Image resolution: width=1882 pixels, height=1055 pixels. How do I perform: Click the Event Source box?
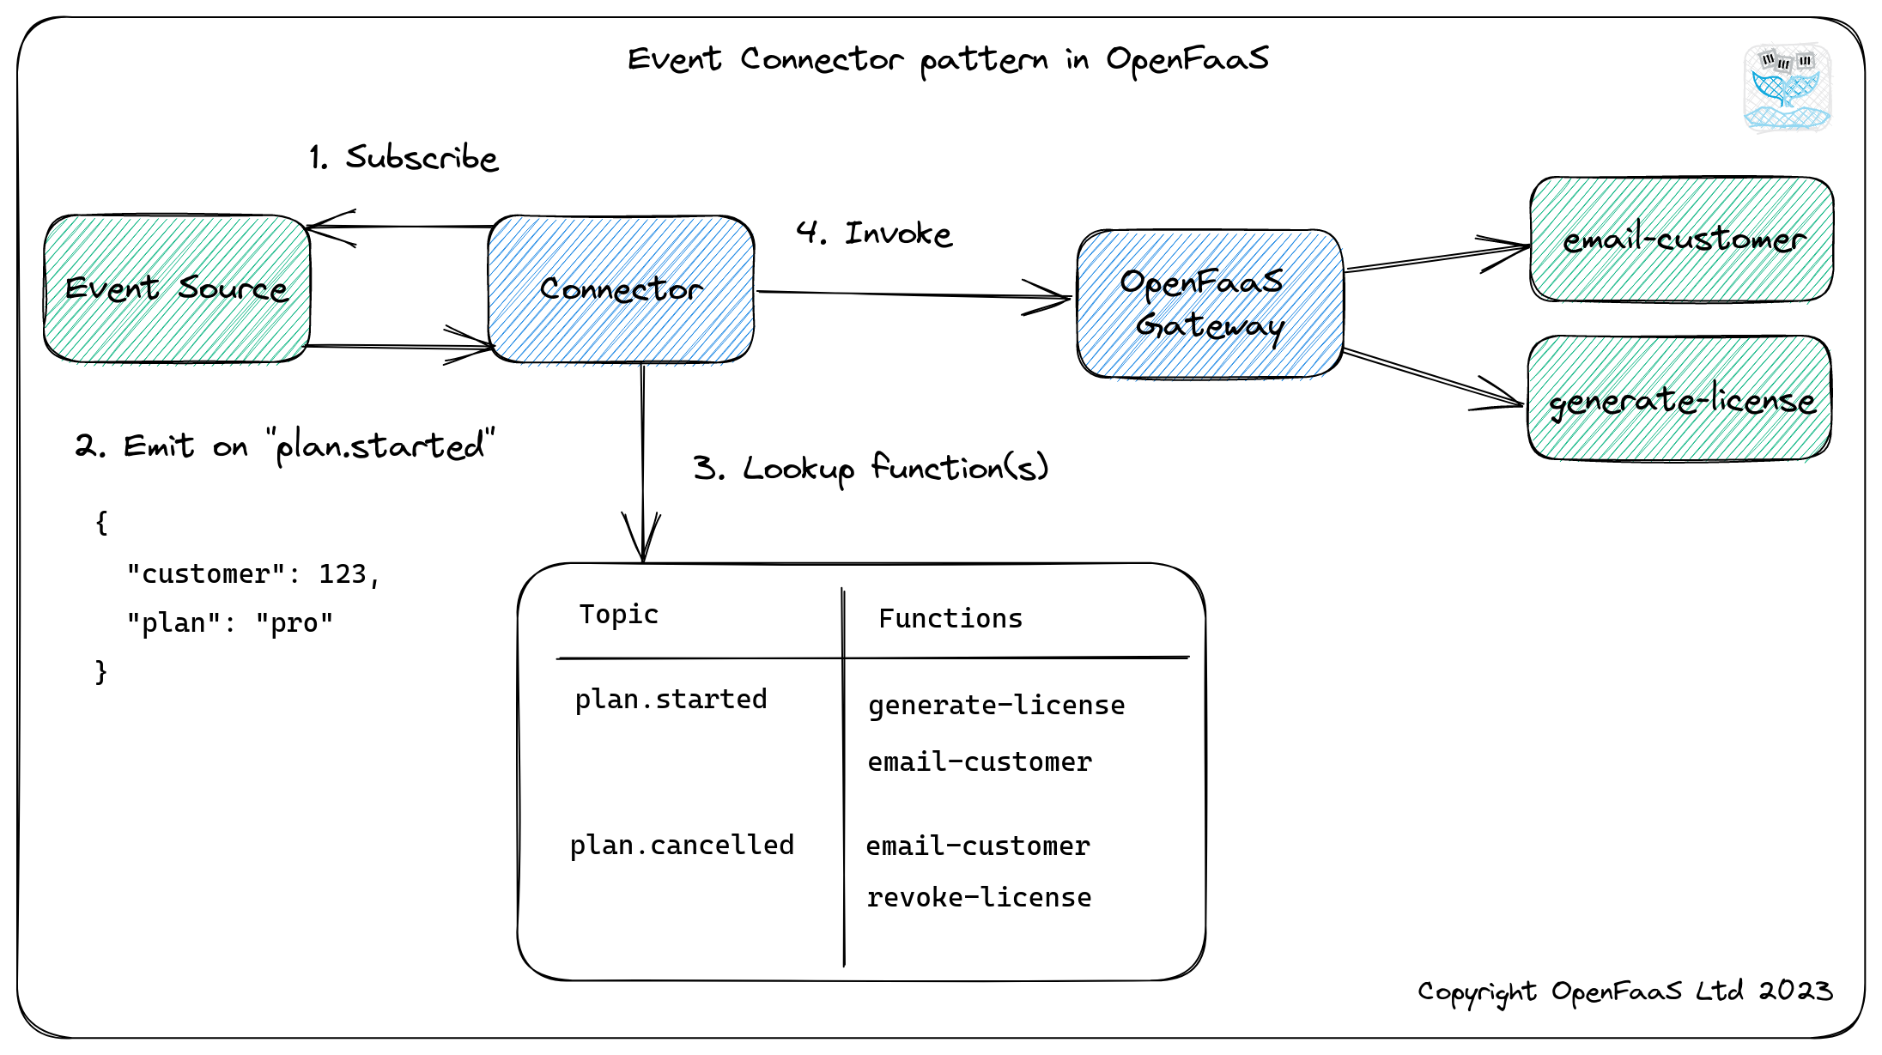click(177, 288)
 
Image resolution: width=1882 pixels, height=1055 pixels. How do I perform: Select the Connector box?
click(621, 288)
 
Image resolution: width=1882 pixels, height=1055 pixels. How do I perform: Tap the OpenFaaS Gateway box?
click(1210, 303)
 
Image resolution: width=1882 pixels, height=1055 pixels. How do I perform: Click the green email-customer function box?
click(1681, 239)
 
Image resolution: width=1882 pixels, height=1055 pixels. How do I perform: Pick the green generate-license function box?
click(1679, 399)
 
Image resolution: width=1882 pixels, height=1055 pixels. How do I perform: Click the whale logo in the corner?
click(1787, 88)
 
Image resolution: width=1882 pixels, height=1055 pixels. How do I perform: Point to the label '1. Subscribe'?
click(404, 158)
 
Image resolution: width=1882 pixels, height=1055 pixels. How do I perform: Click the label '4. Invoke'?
click(874, 233)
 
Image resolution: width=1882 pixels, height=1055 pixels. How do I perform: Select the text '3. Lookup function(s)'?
click(871, 469)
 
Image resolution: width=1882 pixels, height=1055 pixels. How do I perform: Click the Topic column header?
click(618, 615)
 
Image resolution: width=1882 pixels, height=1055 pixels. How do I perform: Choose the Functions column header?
click(950, 619)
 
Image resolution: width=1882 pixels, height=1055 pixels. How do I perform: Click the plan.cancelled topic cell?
click(682, 846)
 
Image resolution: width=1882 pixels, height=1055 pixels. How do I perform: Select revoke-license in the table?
click(979, 898)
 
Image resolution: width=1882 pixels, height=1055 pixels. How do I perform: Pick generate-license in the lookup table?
click(996, 706)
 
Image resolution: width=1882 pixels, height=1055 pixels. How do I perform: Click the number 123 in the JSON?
click(343, 574)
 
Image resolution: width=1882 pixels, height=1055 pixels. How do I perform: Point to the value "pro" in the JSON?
click(294, 623)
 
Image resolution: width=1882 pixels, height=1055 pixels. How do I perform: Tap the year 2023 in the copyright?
click(1795, 991)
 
